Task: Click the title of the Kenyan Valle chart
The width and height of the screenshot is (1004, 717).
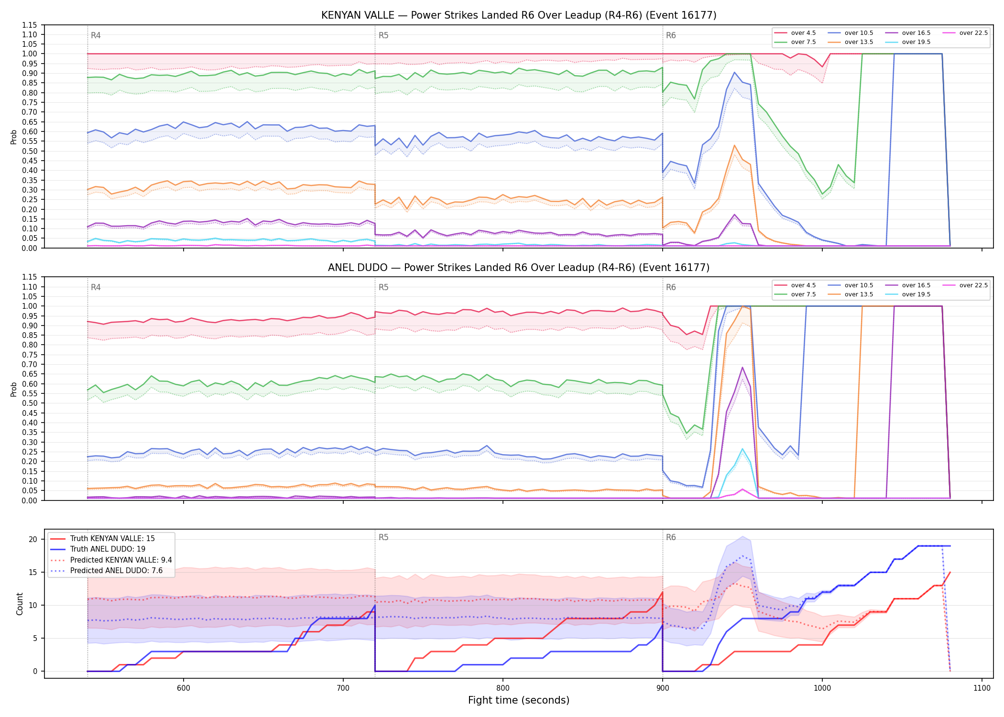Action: pyautogui.click(x=519, y=15)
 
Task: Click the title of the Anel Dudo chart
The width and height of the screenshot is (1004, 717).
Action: pyautogui.click(x=519, y=268)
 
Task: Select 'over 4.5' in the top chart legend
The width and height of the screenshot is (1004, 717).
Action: pyautogui.click(x=803, y=33)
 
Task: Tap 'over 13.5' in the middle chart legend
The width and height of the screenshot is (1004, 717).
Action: pyautogui.click(x=859, y=294)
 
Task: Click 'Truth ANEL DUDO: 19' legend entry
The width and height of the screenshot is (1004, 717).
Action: pyautogui.click(x=108, y=549)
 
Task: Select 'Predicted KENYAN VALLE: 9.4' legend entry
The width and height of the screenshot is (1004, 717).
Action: pyautogui.click(x=121, y=560)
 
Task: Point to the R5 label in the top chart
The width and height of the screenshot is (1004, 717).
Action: pyautogui.click(x=383, y=35)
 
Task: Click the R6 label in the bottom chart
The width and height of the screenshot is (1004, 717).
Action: pyautogui.click(x=671, y=537)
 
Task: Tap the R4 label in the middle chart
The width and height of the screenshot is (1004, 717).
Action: pyautogui.click(x=96, y=287)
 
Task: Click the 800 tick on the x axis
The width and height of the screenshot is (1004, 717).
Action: pyautogui.click(x=502, y=688)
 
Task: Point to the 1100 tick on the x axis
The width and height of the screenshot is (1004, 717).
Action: pyautogui.click(x=982, y=688)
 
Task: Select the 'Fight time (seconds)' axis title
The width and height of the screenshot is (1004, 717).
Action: pyautogui.click(x=519, y=700)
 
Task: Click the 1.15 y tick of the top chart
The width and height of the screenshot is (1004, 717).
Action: pyautogui.click(x=29, y=25)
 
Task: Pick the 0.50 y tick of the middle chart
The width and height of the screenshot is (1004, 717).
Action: pyautogui.click(x=29, y=403)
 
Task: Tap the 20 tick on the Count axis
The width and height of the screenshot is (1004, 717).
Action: pyautogui.click(x=33, y=539)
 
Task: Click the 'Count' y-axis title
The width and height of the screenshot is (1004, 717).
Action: pyautogui.click(x=20, y=604)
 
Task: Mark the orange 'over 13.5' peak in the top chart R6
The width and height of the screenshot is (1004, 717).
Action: pyautogui.click(x=734, y=145)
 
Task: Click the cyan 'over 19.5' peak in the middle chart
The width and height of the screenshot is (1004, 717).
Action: pyautogui.click(x=742, y=449)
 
